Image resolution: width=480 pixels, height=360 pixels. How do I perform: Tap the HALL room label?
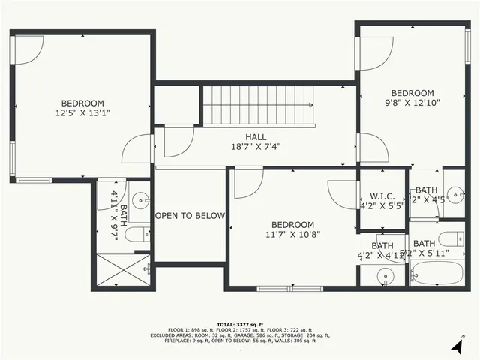(x=256, y=137)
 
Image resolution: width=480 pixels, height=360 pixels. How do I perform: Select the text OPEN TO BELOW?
(x=190, y=216)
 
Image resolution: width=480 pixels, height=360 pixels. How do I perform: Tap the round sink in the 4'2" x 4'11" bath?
(x=385, y=274)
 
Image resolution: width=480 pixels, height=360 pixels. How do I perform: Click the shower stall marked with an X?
(x=122, y=271)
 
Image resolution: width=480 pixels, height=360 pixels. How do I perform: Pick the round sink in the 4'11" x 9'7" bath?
(x=140, y=200)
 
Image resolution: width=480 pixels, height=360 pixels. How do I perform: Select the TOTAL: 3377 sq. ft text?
(x=241, y=319)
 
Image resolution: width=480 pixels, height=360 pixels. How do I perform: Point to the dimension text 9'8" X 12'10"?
(x=412, y=103)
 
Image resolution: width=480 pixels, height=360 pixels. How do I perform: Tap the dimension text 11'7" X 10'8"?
(x=292, y=235)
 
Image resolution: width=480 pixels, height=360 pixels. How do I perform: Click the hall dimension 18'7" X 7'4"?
(x=256, y=148)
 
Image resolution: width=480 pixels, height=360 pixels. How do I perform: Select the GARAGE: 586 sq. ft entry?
(x=239, y=335)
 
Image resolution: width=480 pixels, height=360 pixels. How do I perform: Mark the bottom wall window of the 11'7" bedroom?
(x=289, y=288)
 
